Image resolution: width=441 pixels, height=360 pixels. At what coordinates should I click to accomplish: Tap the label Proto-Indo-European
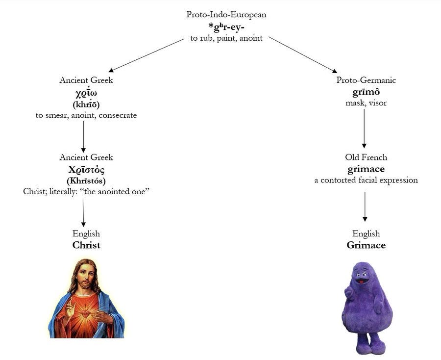click(226, 14)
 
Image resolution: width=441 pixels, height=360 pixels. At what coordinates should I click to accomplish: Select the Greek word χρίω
click(86, 92)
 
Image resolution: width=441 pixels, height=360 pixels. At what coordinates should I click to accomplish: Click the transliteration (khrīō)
click(86, 104)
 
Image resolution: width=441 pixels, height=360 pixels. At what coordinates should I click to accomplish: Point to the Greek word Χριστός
click(86, 170)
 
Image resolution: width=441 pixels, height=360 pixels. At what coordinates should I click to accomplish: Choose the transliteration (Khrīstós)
click(86, 181)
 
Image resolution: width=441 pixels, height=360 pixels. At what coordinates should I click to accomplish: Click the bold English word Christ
click(86, 245)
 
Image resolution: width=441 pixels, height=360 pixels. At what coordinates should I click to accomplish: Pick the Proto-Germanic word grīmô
click(366, 92)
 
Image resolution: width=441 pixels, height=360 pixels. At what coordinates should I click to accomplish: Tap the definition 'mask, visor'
click(366, 103)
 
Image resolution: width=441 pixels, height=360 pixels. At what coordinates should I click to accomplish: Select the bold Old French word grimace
click(366, 169)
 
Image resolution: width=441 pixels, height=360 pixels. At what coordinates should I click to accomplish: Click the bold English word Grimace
click(366, 245)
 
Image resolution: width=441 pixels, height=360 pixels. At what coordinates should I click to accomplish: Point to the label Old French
click(366, 157)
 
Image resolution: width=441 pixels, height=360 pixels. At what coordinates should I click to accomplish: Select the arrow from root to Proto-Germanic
click(303, 54)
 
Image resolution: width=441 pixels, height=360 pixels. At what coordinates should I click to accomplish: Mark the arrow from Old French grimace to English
click(365, 206)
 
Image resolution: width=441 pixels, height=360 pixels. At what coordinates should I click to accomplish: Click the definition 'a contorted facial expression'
click(366, 180)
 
